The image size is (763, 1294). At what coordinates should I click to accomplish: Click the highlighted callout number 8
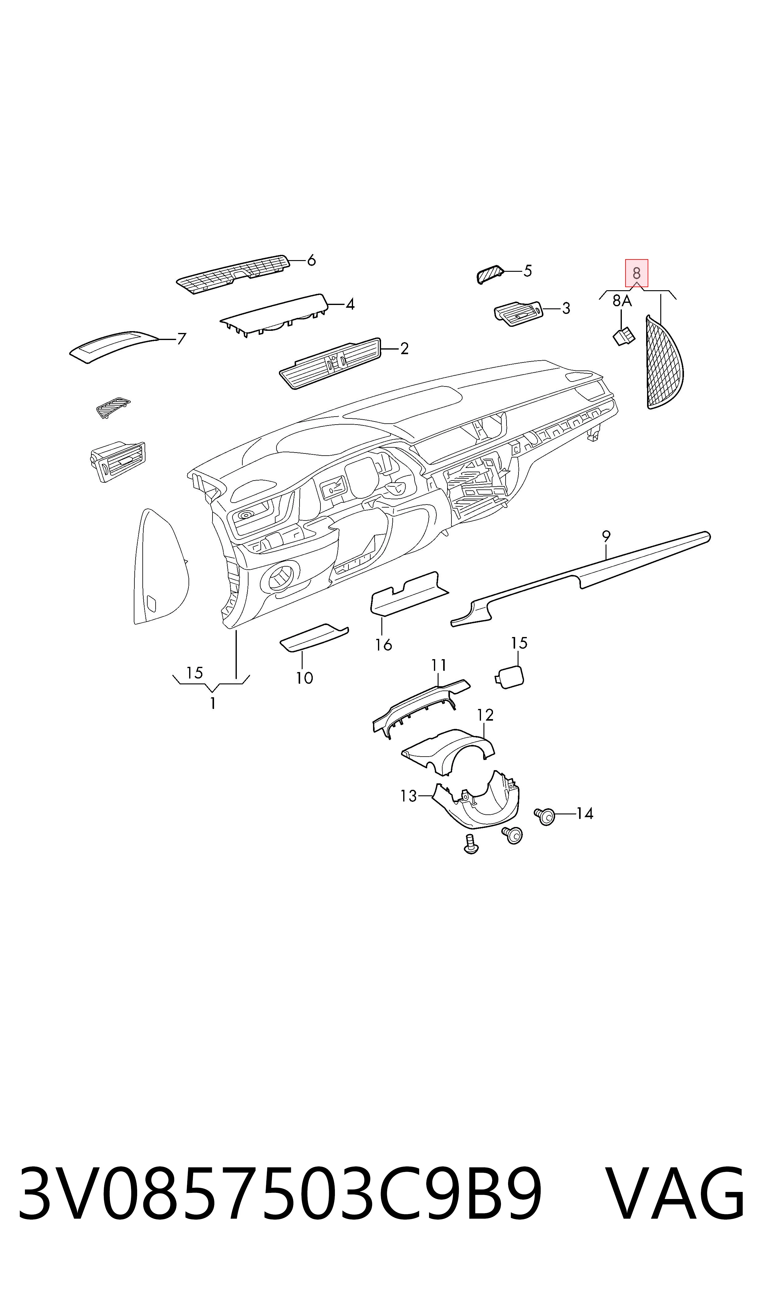pyautogui.click(x=637, y=273)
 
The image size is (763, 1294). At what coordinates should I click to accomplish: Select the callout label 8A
pyautogui.click(x=622, y=301)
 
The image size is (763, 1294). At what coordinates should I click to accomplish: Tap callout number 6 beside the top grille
pyautogui.click(x=311, y=260)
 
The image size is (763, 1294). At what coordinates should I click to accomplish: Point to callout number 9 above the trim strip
pyautogui.click(x=606, y=537)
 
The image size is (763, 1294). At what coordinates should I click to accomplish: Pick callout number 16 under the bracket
pyautogui.click(x=383, y=644)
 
